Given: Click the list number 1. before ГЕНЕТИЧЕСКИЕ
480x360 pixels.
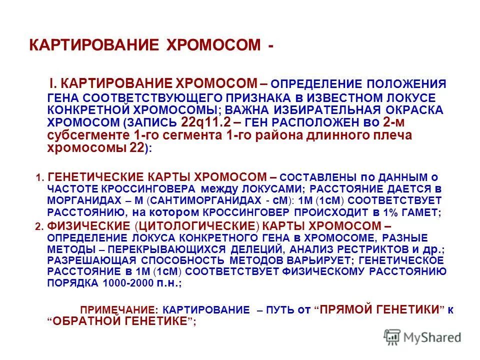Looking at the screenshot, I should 40,178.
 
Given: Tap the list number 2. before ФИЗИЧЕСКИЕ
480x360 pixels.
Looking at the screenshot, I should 40,226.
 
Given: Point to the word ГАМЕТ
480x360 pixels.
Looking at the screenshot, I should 421,213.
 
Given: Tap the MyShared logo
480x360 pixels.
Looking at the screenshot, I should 422,337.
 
